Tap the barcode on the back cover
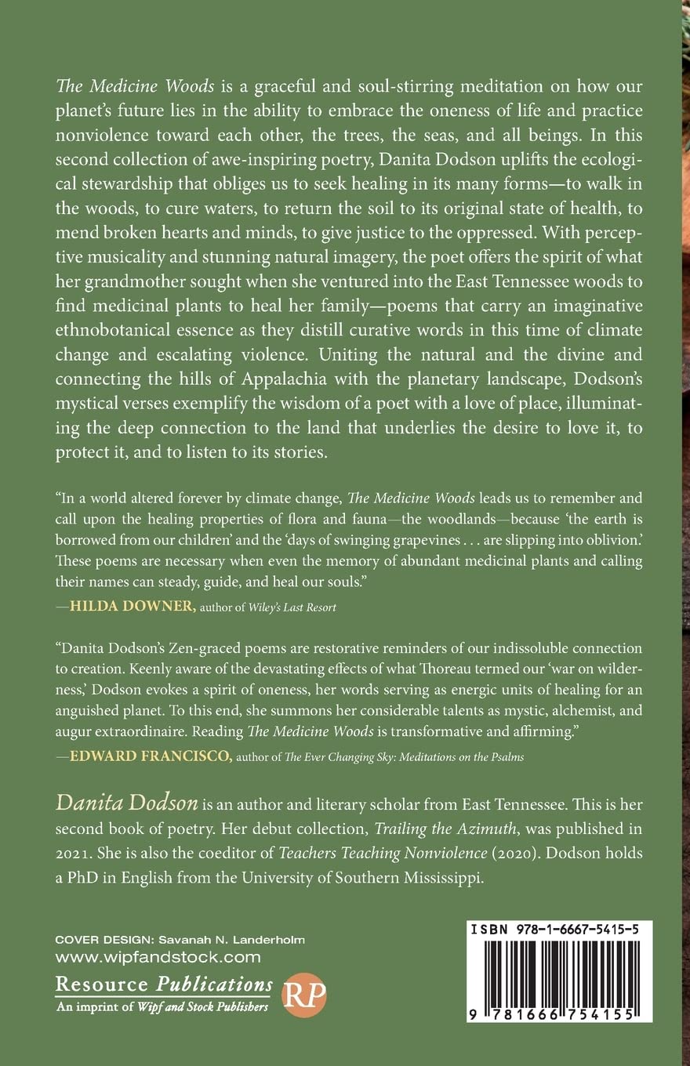(558, 971)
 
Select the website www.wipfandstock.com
(158, 956)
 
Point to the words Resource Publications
(163, 984)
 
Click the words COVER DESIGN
(96, 940)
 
